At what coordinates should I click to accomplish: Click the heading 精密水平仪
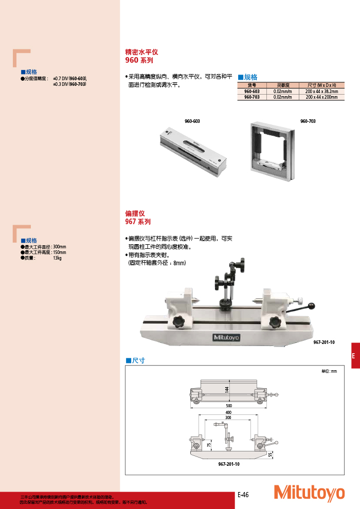141,52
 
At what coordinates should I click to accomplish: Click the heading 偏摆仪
135,213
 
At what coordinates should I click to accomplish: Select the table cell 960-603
251,91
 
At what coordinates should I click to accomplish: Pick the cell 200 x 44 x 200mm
321,97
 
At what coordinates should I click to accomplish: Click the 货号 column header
251,85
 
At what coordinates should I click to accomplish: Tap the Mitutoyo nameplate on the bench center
226,337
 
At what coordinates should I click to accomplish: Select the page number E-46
243,495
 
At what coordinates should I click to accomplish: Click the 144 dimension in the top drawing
226,389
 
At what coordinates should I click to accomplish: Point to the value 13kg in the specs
57,258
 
